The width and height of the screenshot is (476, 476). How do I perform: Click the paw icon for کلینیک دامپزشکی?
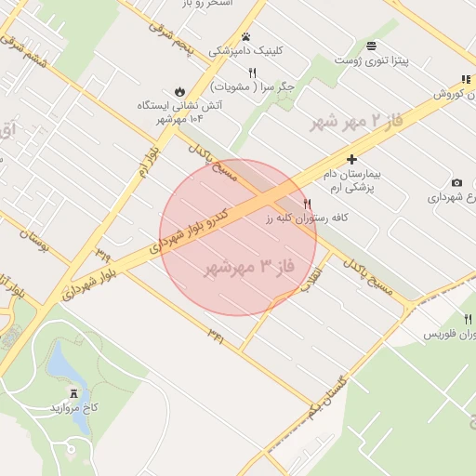(x=245, y=37)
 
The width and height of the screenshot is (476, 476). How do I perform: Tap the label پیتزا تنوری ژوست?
(x=398, y=60)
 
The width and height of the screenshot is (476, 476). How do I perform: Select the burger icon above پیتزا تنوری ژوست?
(x=372, y=46)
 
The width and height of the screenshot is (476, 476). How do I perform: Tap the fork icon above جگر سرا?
(x=252, y=73)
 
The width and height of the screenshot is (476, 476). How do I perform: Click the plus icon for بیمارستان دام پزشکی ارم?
(x=351, y=160)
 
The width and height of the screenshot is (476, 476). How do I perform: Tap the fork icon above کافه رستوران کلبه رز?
(x=308, y=204)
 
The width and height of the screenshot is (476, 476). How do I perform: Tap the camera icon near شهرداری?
(x=456, y=182)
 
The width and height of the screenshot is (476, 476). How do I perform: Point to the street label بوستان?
(x=32, y=248)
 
